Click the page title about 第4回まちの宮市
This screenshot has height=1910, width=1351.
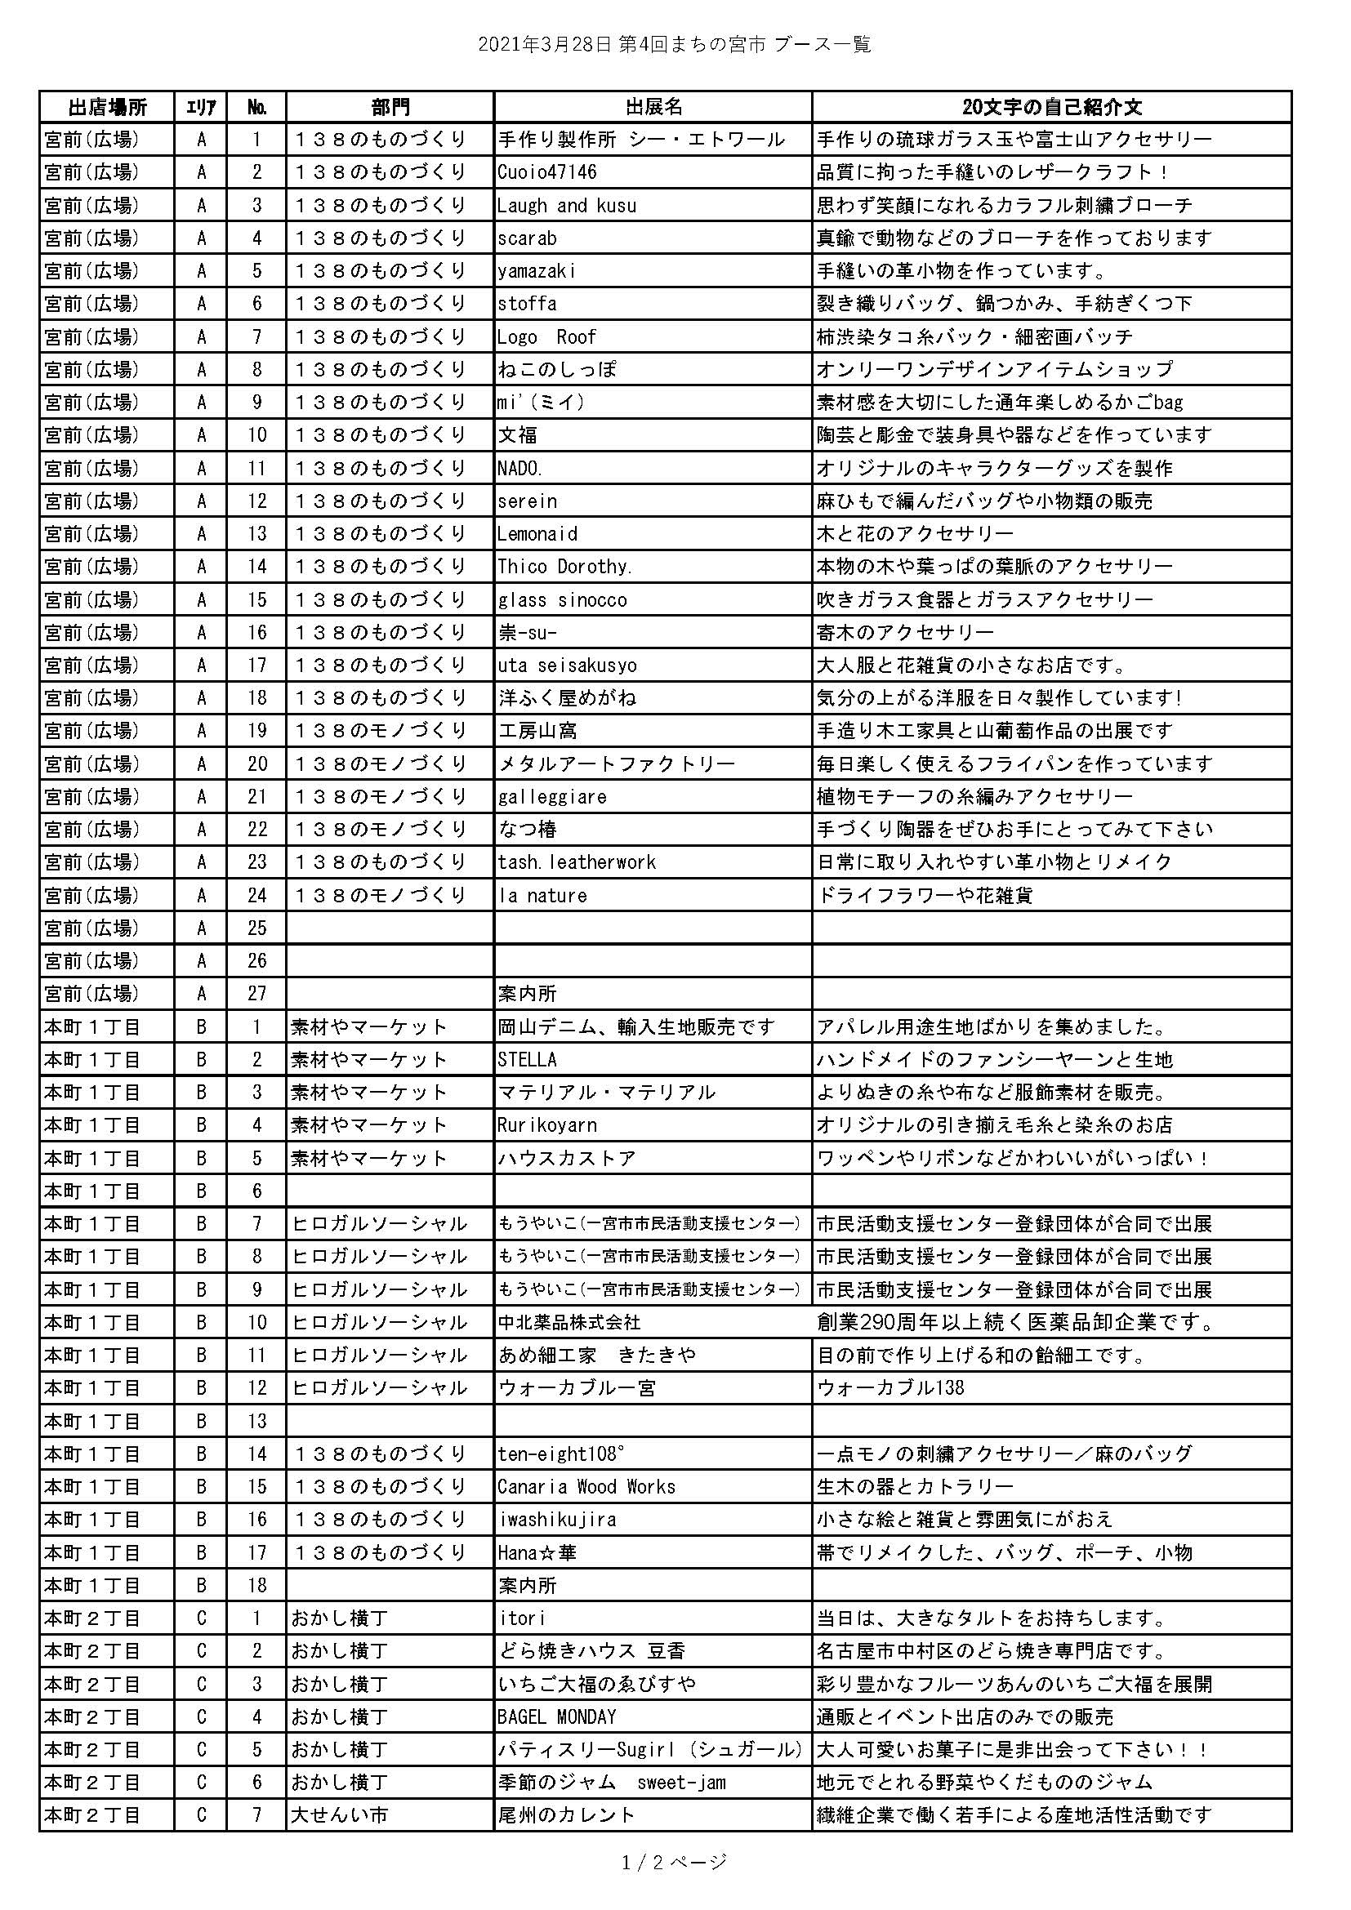coord(675,45)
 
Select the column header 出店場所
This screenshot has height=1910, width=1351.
coord(106,107)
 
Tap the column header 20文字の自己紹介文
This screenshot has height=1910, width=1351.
coord(1051,107)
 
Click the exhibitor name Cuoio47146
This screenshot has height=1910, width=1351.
coord(547,173)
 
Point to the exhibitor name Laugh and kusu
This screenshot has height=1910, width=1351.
coord(568,206)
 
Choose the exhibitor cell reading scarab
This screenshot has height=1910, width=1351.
coord(528,238)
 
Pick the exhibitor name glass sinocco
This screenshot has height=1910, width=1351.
coord(562,600)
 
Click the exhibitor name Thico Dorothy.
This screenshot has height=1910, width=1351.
coord(565,567)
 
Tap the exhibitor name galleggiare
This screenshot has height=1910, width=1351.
coord(552,797)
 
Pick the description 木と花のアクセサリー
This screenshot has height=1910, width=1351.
coord(915,534)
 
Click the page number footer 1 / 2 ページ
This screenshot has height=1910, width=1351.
coord(675,1862)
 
